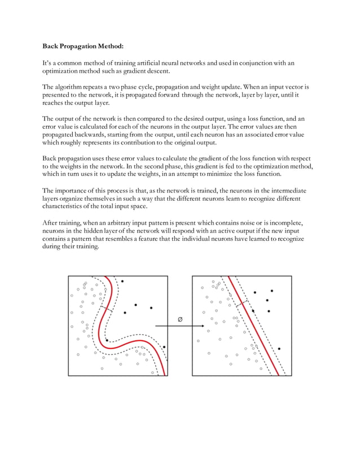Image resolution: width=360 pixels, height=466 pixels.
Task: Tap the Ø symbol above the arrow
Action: coord(180,319)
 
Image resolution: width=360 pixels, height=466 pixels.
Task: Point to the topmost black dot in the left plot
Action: coord(122,280)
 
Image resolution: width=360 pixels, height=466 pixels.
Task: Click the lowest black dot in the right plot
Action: coord(279,349)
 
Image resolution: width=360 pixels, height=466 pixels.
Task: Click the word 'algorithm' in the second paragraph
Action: coord(72,87)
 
